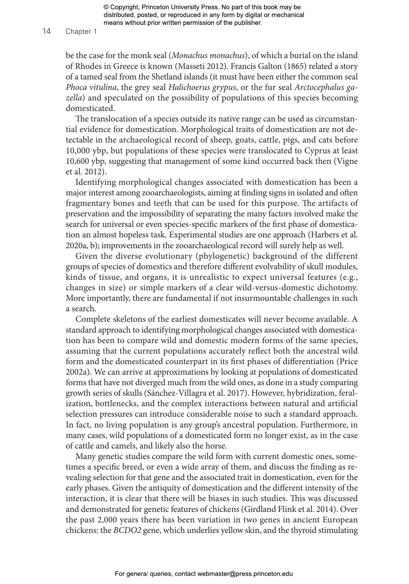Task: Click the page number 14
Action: [x=47, y=31]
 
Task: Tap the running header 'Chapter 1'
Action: [x=81, y=32]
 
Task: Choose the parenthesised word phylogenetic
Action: [x=223, y=256]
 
